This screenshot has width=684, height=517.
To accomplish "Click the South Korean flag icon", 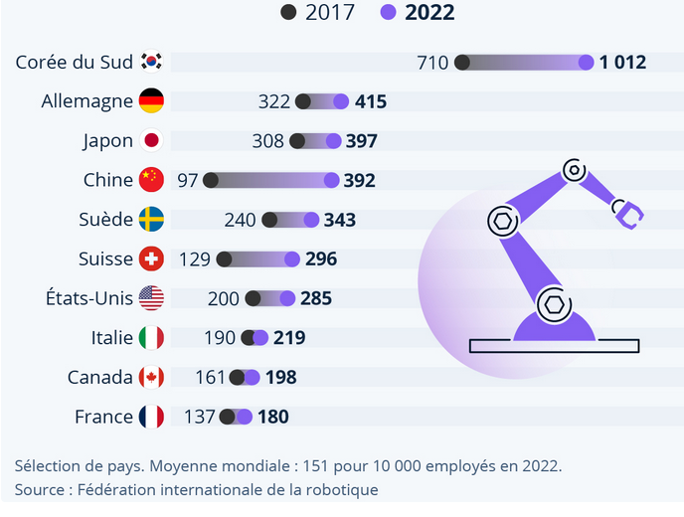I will (152, 62).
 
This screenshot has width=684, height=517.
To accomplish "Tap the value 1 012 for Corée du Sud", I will (623, 63).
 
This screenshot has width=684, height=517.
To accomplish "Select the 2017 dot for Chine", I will (210, 180).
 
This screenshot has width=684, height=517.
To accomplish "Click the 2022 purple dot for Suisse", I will (292, 258).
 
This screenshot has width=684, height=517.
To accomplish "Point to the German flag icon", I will (152, 101).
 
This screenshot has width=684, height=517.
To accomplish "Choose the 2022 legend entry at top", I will (418, 13).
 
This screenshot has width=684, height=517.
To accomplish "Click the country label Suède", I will (104, 220).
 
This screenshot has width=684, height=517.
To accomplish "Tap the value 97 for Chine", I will (187, 180).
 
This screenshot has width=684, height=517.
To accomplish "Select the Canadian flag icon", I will (152, 377).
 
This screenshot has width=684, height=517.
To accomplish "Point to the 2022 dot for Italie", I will (260, 338).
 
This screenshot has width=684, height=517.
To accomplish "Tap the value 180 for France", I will (273, 417).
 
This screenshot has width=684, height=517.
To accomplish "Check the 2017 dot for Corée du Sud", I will (462, 63).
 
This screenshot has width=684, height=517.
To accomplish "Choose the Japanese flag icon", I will (152, 141).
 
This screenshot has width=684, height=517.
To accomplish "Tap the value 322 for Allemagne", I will (273, 101).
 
